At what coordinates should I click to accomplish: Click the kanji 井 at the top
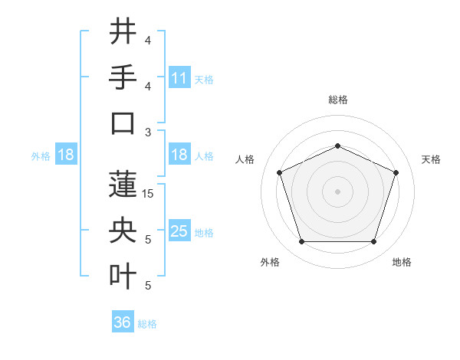click(x=123, y=32)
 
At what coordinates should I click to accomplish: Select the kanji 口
click(x=123, y=123)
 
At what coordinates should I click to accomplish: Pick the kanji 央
click(x=123, y=231)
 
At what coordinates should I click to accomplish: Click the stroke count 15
click(x=149, y=194)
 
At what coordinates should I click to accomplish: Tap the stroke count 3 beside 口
click(x=148, y=133)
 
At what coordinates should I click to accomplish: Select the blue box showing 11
click(x=179, y=78)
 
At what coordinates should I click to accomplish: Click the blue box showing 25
click(x=179, y=231)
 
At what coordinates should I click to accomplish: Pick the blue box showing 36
click(x=123, y=322)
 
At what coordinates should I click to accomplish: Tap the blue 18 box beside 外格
click(x=66, y=155)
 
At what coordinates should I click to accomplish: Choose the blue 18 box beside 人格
click(x=179, y=155)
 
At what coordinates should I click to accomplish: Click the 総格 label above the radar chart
click(x=337, y=100)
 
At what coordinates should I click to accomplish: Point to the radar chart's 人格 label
click(x=245, y=159)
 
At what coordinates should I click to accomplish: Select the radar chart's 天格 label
click(x=431, y=159)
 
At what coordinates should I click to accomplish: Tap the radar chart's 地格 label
click(x=402, y=262)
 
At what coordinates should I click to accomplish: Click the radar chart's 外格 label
click(x=270, y=262)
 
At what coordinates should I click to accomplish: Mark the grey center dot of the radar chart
click(x=337, y=191)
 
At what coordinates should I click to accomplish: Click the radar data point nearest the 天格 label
click(x=396, y=172)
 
